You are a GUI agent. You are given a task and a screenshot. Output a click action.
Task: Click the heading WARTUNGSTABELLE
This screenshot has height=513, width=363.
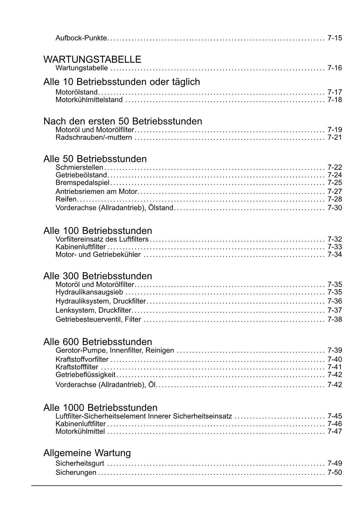point(92,59)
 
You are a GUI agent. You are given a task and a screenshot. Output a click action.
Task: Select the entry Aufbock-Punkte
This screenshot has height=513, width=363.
point(81,38)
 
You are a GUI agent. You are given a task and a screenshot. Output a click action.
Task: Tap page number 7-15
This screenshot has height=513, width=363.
point(335,38)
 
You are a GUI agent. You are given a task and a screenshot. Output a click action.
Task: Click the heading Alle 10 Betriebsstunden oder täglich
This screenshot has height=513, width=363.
point(122,82)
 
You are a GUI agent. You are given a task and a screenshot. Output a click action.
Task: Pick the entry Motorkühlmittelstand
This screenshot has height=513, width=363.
point(89,100)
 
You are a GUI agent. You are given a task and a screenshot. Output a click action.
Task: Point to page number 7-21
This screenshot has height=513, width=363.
point(335,137)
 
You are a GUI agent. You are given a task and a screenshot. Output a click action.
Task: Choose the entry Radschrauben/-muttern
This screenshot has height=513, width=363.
point(94,137)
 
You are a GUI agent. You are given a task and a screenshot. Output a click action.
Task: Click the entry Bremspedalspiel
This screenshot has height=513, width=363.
point(82,183)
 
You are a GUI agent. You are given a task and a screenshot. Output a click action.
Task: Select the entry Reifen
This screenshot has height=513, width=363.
point(66,199)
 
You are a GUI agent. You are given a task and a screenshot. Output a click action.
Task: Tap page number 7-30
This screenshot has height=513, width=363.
point(335,208)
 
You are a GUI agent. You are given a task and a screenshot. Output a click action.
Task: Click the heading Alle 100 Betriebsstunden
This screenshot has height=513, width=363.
point(98,231)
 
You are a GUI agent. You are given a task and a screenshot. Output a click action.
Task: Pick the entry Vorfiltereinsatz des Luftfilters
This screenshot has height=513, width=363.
point(102,239)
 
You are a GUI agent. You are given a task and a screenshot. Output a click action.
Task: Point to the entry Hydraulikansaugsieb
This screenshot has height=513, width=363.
point(89,292)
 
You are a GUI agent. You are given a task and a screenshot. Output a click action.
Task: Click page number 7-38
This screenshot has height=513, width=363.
point(335,319)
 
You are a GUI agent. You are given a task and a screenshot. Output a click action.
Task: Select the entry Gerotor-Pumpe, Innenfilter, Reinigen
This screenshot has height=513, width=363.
point(115,350)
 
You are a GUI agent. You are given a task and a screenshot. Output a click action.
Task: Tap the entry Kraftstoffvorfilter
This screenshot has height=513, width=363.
point(82,359)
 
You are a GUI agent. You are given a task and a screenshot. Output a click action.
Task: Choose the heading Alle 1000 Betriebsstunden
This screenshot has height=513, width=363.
point(100,408)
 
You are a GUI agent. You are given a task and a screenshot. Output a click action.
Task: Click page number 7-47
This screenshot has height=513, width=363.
point(335,431)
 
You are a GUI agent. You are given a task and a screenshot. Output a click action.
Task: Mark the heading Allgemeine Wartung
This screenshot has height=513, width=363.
point(87,453)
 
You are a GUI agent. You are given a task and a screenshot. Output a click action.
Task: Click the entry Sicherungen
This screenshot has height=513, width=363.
point(76,473)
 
